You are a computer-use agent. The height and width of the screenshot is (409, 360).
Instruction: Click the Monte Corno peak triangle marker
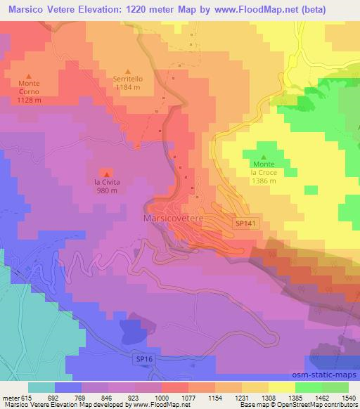[x=29, y=77]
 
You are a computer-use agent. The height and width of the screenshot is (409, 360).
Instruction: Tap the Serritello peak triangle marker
[x=128, y=71]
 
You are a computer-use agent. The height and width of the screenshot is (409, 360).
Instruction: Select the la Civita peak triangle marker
[x=106, y=174]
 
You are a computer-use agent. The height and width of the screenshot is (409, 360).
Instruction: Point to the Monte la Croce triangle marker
[x=264, y=157]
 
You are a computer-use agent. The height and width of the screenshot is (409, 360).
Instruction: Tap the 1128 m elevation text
[x=29, y=99]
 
